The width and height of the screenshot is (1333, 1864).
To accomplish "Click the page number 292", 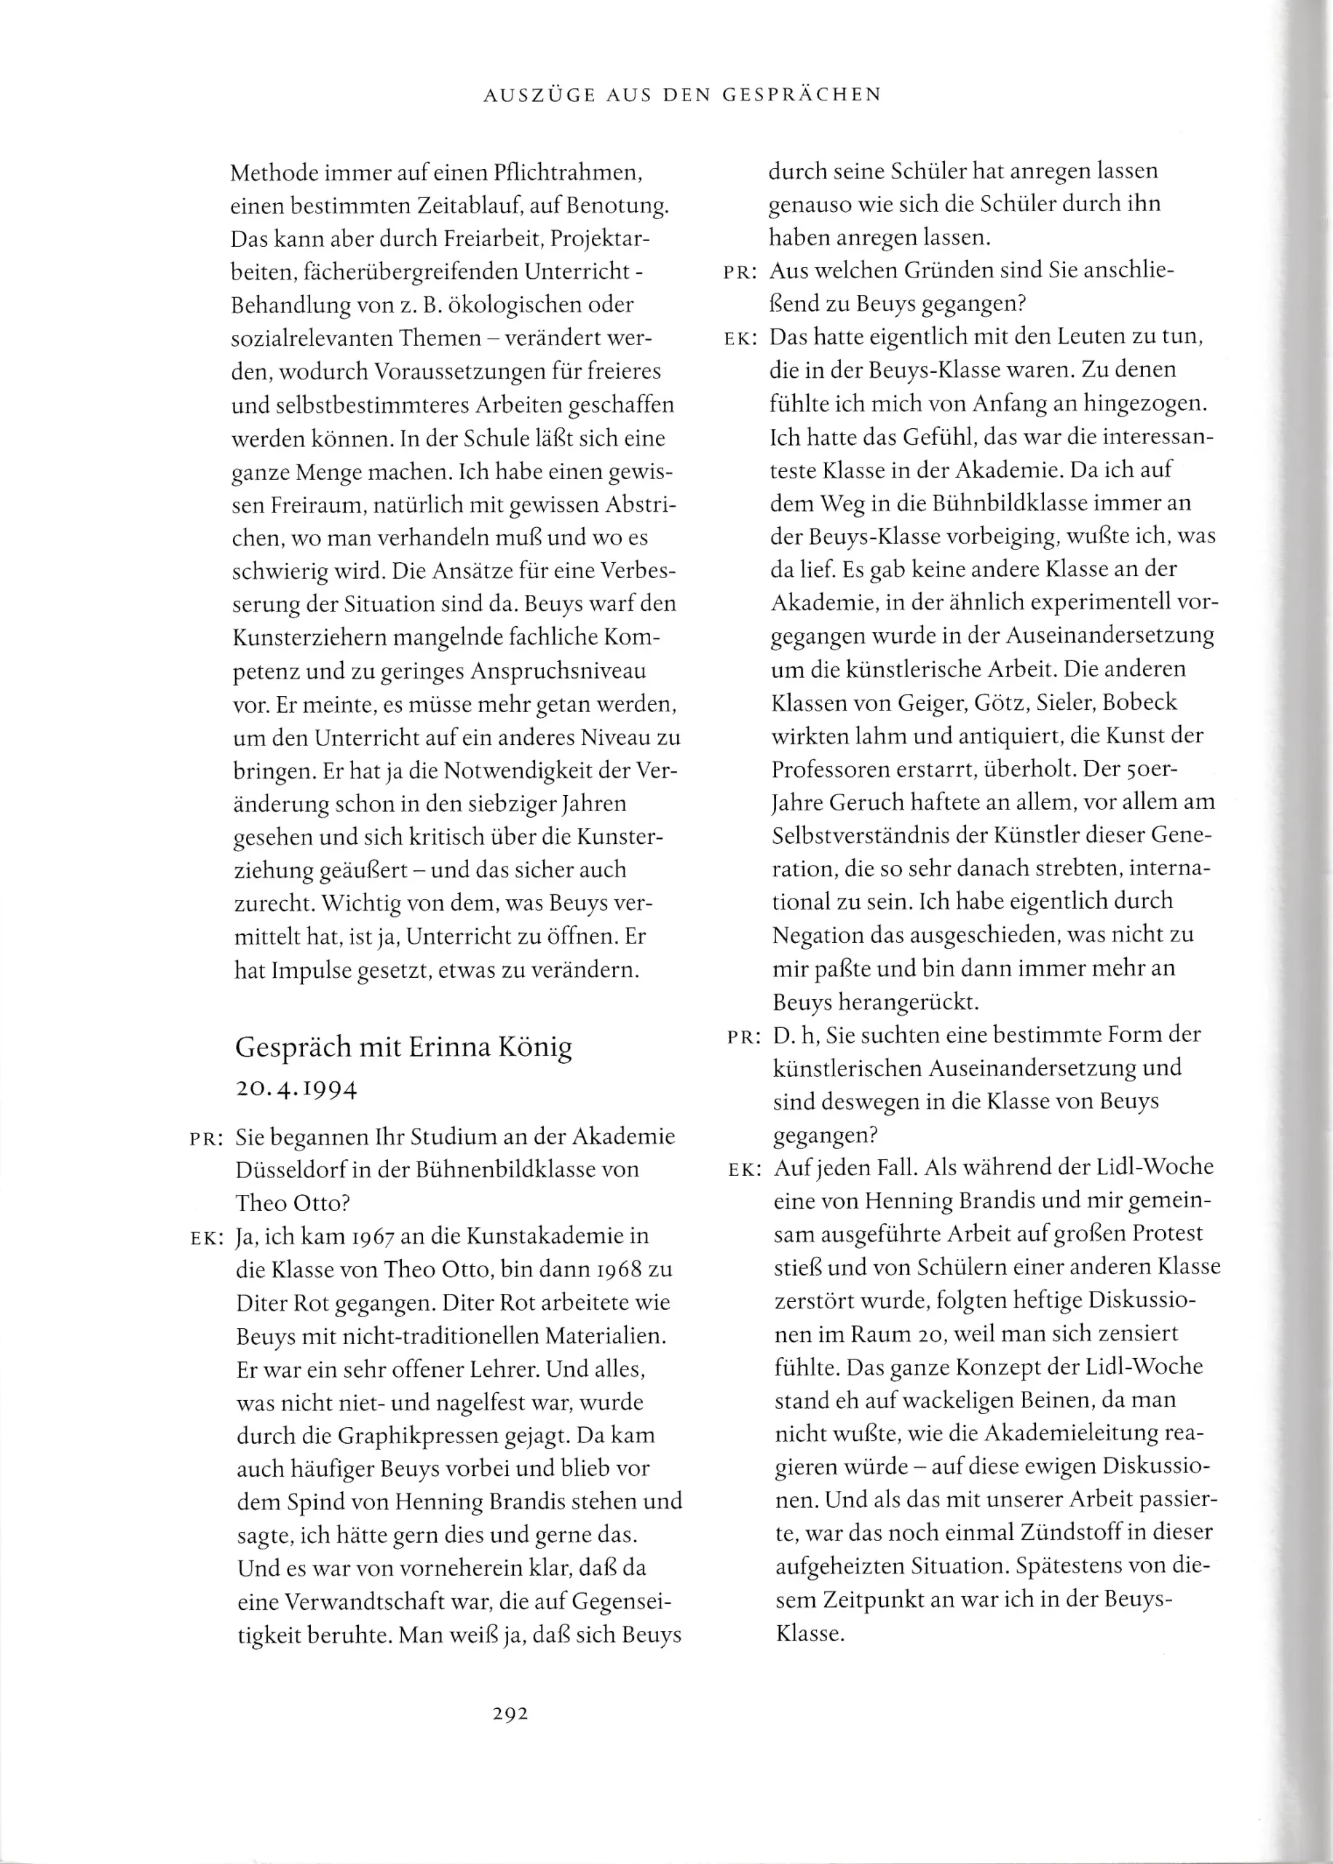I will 510,1714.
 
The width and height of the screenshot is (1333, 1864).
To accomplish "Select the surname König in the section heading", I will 535,1048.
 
